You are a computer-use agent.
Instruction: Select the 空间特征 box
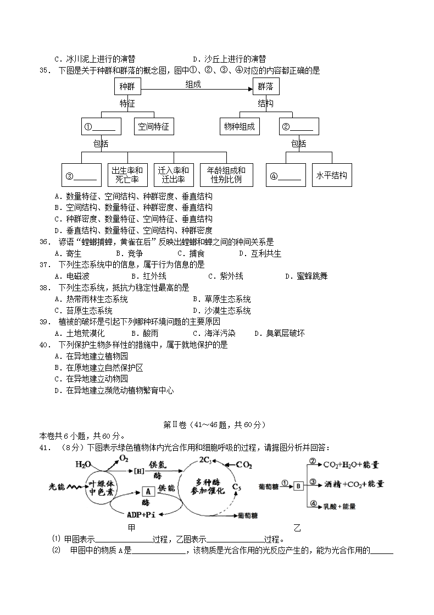154,126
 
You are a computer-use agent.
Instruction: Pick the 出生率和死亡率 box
127,175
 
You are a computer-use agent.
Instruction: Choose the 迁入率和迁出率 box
173,175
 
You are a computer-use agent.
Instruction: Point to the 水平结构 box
331,175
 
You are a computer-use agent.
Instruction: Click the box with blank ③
81,176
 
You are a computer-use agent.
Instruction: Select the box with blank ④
286,176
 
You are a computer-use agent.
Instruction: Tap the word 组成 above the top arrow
193,84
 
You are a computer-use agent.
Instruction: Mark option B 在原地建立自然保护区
98,368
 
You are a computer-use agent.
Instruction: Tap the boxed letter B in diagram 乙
298,485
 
